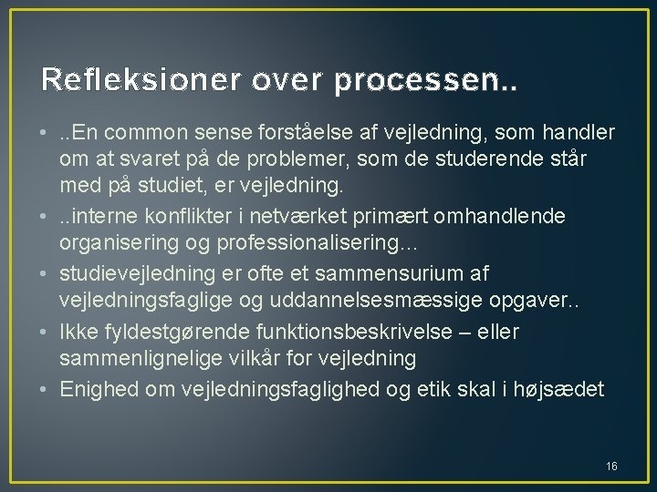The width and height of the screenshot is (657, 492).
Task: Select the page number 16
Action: (611, 466)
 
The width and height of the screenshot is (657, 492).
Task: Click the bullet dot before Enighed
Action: (44, 389)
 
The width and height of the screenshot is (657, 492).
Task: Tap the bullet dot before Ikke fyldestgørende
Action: (44, 332)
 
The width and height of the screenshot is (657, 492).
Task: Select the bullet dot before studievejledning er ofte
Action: (44, 273)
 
